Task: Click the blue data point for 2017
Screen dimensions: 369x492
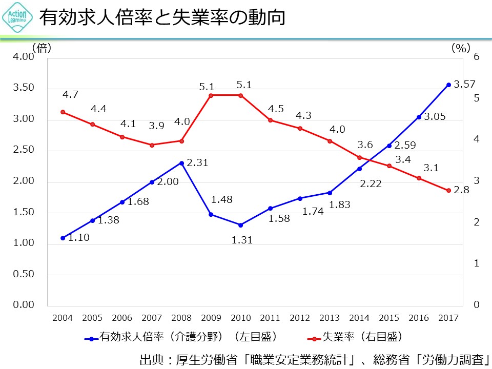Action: (x=448, y=85)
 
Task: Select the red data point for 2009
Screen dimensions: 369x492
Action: (x=211, y=95)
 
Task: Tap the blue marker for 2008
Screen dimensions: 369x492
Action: (x=181, y=163)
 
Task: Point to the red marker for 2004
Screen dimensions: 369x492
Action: (x=63, y=112)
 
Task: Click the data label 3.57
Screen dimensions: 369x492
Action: (x=465, y=85)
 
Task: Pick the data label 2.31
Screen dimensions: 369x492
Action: (x=198, y=163)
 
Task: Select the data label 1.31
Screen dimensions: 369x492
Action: (x=242, y=239)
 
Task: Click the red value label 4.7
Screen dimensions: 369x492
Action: (x=70, y=95)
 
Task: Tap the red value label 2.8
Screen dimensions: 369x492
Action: (x=462, y=190)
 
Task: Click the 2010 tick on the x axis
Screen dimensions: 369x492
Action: (x=241, y=318)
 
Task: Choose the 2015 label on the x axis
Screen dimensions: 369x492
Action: (x=389, y=318)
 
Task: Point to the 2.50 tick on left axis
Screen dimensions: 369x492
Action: (x=24, y=150)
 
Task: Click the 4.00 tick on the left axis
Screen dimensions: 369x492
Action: (x=24, y=56)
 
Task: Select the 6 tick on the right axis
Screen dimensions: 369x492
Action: (x=477, y=56)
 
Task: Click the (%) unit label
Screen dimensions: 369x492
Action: (x=461, y=48)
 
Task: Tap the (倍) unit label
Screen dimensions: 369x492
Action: (x=42, y=48)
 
